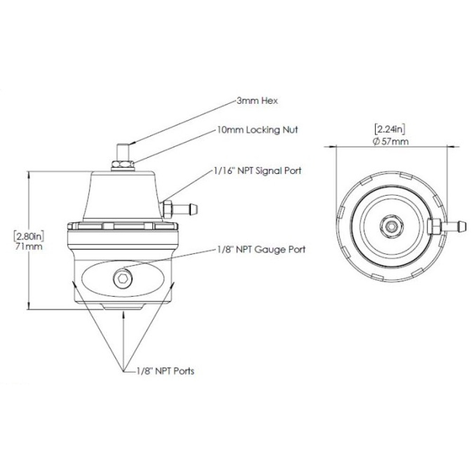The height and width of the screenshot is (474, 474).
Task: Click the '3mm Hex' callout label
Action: pos(257,100)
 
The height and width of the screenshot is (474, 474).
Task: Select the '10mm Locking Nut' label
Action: pos(257,130)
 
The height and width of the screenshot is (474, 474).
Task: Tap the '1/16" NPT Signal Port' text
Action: pos(257,171)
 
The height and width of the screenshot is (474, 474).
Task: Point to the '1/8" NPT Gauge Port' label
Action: pos(261,250)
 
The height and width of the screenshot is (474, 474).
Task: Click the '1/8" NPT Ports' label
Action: pos(165,371)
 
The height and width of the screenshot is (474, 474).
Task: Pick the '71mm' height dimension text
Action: pos(29,246)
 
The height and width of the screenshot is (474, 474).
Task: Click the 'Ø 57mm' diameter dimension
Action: pos(391,141)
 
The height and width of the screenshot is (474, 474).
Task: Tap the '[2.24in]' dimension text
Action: pos(390,129)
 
